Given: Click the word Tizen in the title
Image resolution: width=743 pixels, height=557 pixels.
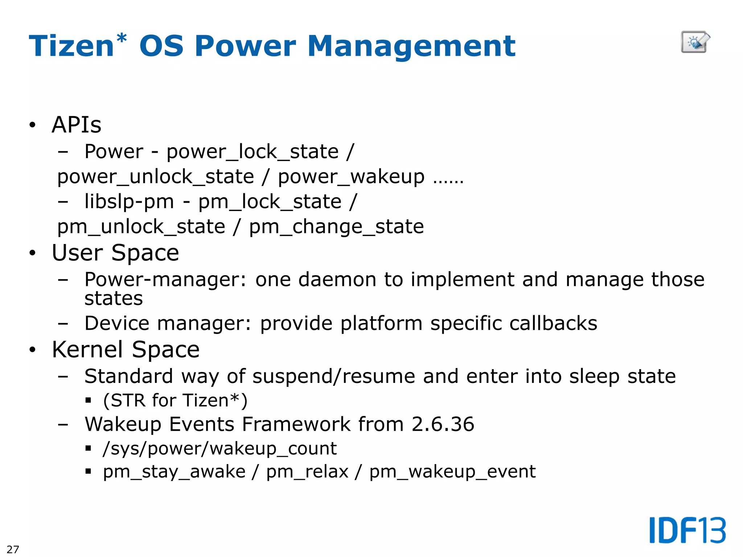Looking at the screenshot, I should [x=71, y=46].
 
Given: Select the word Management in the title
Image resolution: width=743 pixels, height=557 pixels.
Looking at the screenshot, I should [x=411, y=46].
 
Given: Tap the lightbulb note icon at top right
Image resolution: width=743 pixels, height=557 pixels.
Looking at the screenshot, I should [x=695, y=42].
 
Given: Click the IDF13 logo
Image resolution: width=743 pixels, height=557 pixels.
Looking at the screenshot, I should [x=687, y=530].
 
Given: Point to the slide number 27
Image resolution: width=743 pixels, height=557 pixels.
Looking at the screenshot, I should [x=13, y=549].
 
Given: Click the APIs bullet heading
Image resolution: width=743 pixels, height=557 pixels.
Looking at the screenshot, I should [x=77, y=125].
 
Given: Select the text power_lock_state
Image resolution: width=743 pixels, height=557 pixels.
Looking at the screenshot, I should [x=253, y=152].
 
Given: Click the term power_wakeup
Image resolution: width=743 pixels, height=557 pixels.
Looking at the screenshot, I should [x=351, y=177].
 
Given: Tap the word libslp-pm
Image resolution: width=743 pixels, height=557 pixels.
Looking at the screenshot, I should [x=129, y=202].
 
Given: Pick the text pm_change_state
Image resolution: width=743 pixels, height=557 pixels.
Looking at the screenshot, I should [x=336, y=227].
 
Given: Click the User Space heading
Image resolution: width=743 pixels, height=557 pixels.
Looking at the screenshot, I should [x=115, y=253].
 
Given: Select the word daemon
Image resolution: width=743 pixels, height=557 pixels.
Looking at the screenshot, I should [x=337, y=280].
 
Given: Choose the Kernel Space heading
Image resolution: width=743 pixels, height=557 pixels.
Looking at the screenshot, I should [x=126, y=350].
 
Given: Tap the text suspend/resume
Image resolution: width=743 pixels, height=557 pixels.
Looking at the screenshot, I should [x=333, y=376].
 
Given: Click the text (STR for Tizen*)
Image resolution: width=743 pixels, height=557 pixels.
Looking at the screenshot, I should [x=175, y=401].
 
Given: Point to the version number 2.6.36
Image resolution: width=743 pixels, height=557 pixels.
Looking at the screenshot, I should [x=443, y=424].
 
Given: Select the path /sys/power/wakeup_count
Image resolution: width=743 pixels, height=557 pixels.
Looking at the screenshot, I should [x=220, y=449].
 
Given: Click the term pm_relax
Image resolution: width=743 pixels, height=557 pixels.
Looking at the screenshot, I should [x=307, y=472].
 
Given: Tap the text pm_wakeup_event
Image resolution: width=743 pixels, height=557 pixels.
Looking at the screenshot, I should [x=452, y=472].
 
